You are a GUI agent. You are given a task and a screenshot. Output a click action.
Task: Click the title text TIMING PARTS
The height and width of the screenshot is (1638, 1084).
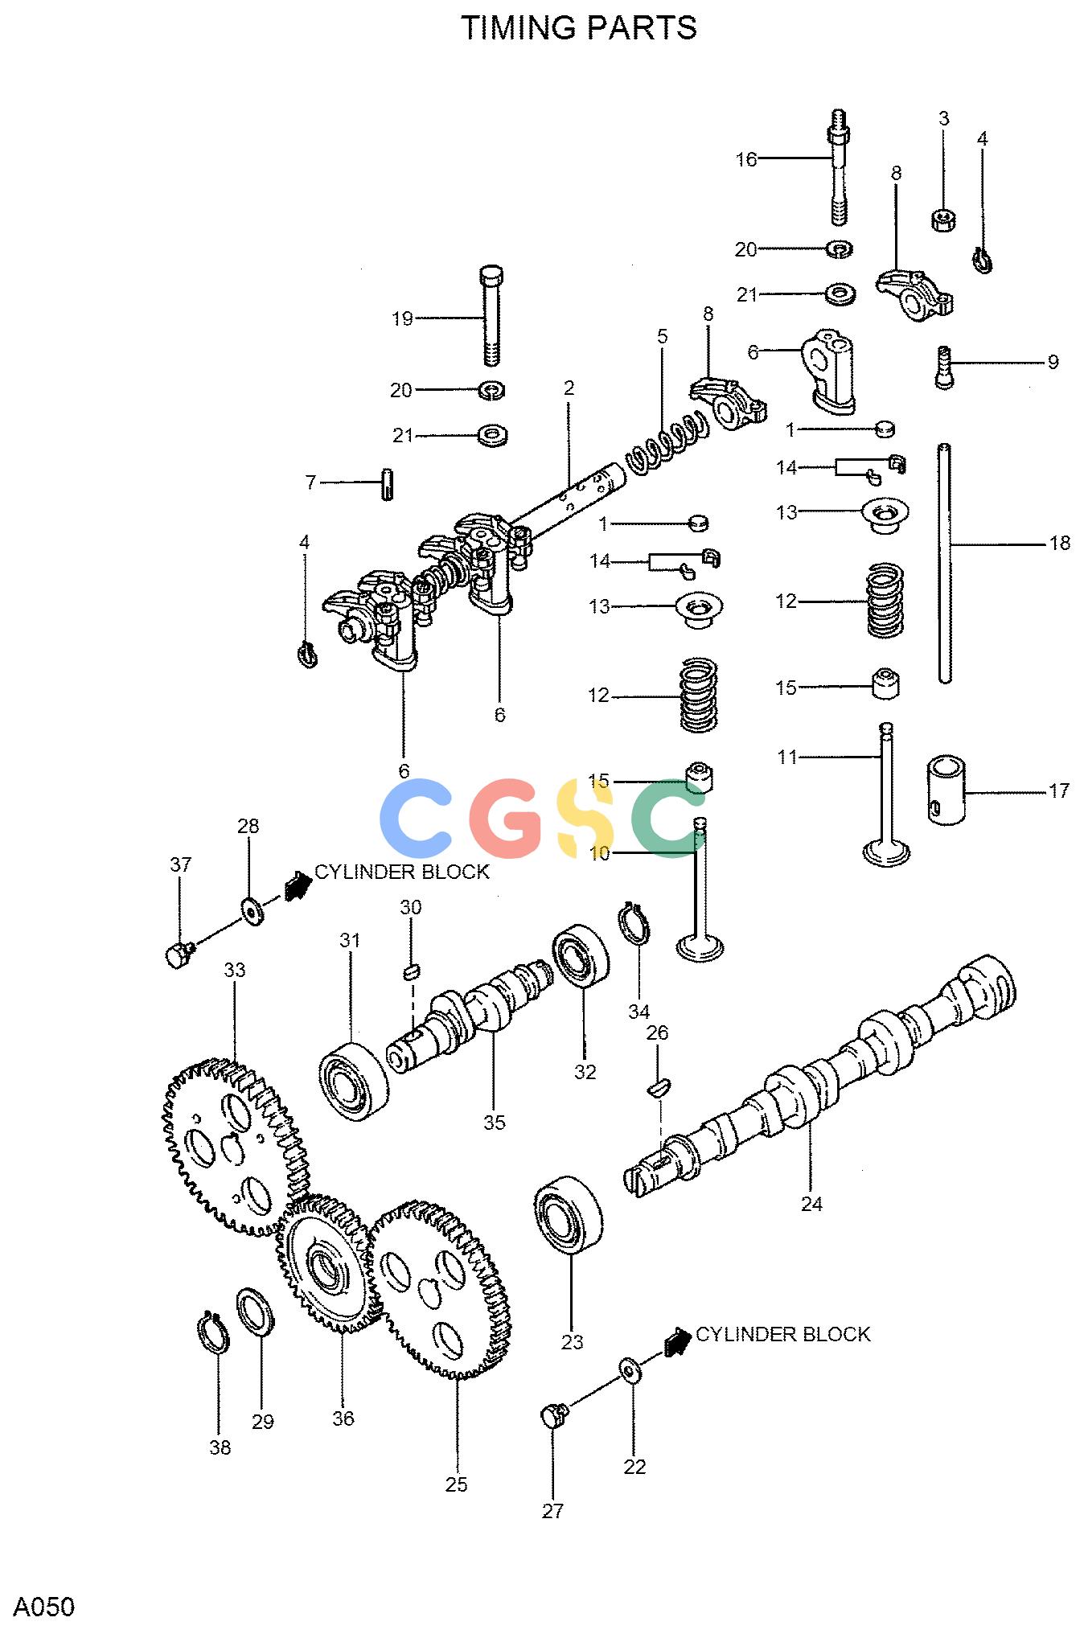click(578, 28)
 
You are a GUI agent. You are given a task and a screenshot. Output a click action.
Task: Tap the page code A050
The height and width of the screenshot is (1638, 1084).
click(44, 1607)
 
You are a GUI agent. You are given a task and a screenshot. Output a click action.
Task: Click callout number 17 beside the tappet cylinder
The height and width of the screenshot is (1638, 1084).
click(1059, 791)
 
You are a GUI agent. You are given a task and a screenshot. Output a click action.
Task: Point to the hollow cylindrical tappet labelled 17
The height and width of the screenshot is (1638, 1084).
click(946, 789)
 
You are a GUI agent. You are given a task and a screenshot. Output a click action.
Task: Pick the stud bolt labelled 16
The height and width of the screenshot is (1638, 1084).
click(838, 167)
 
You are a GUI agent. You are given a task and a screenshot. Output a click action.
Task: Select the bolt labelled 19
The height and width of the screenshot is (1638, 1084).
click(491, 315)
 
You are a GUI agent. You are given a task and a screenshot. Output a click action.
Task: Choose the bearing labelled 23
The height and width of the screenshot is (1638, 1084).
click(568, 1213)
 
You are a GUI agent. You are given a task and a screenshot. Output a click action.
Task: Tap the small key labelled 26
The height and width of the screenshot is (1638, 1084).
click(659, 1088)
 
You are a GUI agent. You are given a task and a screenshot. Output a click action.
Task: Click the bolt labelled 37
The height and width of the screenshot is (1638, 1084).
click(179, 954)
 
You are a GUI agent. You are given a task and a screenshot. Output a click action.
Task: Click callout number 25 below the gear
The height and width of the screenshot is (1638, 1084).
click(456, 1484)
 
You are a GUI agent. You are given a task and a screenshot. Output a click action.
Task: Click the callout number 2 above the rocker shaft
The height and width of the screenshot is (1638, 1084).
click(569, 388)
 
